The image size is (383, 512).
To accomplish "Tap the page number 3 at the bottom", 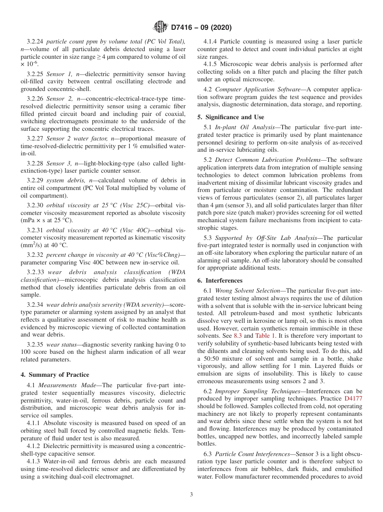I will tap(191, 495).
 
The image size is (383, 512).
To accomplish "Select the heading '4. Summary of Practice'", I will tap(55, 375).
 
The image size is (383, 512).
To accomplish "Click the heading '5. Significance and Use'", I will tap(231, 117).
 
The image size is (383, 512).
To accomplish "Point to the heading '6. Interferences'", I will tap(220, 280).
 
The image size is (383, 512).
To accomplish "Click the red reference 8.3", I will tap(238, 335).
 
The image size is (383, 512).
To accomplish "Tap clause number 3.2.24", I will tap(35, 41).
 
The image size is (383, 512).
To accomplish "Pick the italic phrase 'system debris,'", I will tap(65, 180).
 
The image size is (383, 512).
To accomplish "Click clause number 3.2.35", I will tap(35, 345).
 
